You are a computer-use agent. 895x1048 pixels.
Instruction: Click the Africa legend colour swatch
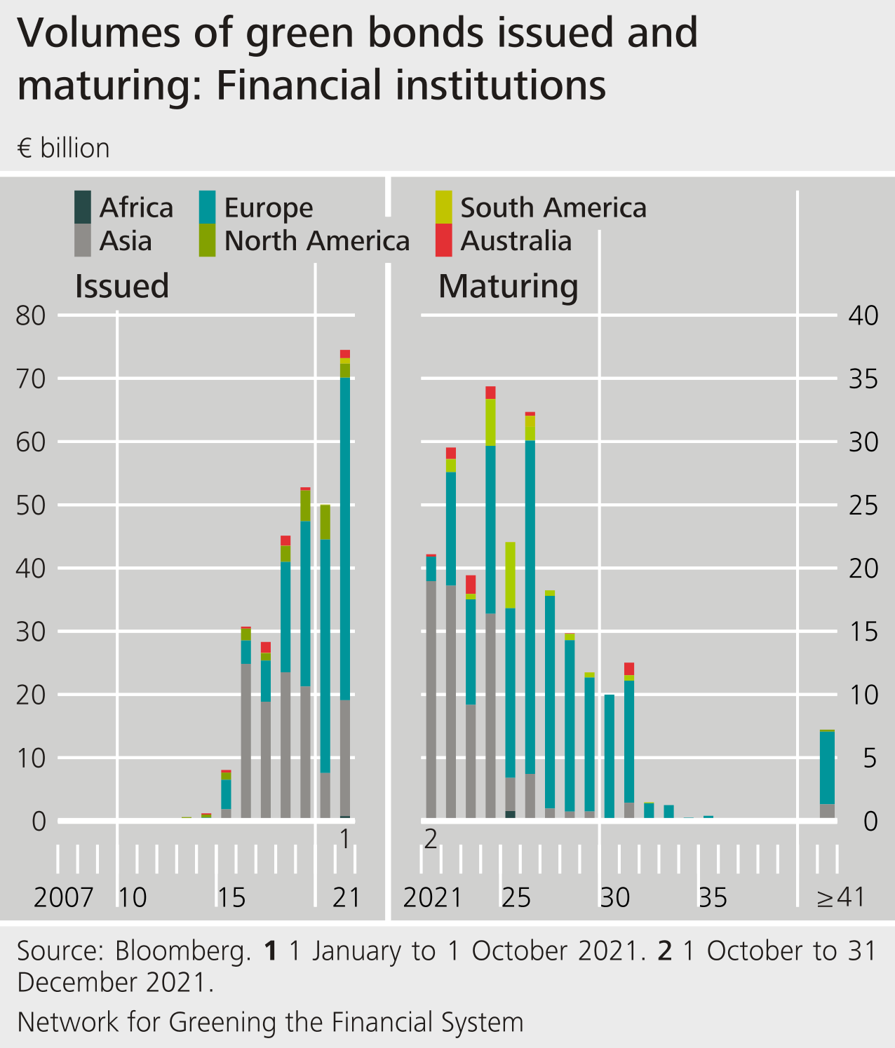[x=83, y=207]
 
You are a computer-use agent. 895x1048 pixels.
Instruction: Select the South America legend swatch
[x=443, y=207]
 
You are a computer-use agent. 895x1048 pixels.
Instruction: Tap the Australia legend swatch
[x=443, y=240]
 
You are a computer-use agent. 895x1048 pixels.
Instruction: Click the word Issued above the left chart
[x=122, y=286]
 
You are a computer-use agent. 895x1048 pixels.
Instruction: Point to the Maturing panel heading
[x=508, y=286]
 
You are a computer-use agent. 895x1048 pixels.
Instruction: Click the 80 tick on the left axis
[x=30, y=315]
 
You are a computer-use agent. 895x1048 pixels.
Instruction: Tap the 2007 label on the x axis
[x=63, y=897]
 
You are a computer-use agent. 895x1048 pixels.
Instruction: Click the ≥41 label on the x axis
[x=841, y=897]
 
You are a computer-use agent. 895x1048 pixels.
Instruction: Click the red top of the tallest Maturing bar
[x=490, y=393]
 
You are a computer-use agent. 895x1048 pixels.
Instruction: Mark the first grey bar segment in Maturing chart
[x=431, y=701]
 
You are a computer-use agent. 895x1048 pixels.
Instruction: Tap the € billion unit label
[x=64, y=149]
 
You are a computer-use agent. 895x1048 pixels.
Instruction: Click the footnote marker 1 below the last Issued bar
[x=344, y=838]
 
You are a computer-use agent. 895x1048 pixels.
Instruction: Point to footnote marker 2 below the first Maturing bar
[x=431, y=838]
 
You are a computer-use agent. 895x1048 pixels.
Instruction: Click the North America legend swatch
[x=207, y=240]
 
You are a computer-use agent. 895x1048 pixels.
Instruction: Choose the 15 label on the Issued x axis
[x=231, y=897]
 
